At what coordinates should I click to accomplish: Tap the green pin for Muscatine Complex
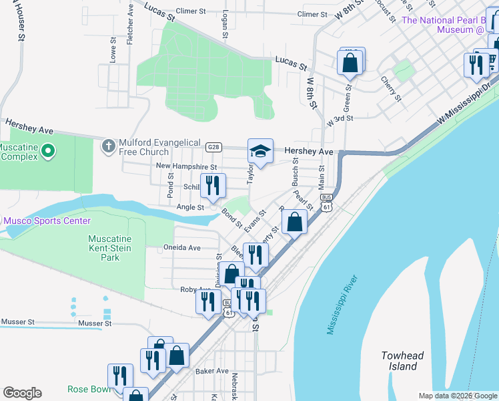click(x=47, y=152)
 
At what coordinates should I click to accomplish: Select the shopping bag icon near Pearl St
click(x=294, y=222)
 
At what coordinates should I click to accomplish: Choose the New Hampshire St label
click(x=186, y=166)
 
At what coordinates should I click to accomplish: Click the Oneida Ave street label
click(x=182, y=247)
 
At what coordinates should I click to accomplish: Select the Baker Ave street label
click(x=211, y=371)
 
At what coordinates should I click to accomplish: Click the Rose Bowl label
click(x=87, y=389)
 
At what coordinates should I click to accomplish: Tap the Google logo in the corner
click(x=22, y=393)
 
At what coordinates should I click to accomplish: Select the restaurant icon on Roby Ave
click(x=208, y=301)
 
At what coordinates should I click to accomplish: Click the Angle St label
click(x=190, y=208)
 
